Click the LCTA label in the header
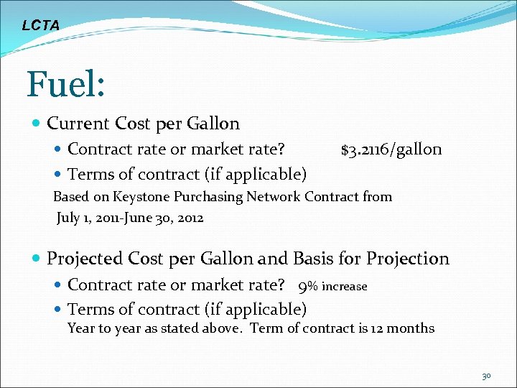tap(40, 26)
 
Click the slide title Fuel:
tap(66, 84)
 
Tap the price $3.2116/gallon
tap(391, 149)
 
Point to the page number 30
tap(486, 376)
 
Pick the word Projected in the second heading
tap(85, 259)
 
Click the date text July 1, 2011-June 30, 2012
tap(130, 218)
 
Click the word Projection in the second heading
tap(408, 259)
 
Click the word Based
tap(71, 197)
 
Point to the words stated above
tap(208, 328)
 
